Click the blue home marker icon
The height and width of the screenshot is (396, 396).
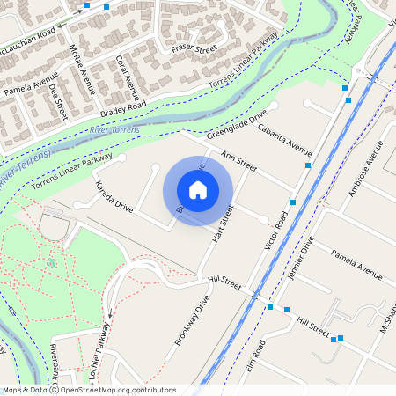coord(198,189)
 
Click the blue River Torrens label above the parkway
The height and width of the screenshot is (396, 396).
coord(114,131)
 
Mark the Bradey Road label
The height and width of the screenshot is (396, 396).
coord(123,106)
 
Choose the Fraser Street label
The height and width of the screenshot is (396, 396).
coord(194,47)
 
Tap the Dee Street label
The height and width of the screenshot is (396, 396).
coord(58,102)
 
